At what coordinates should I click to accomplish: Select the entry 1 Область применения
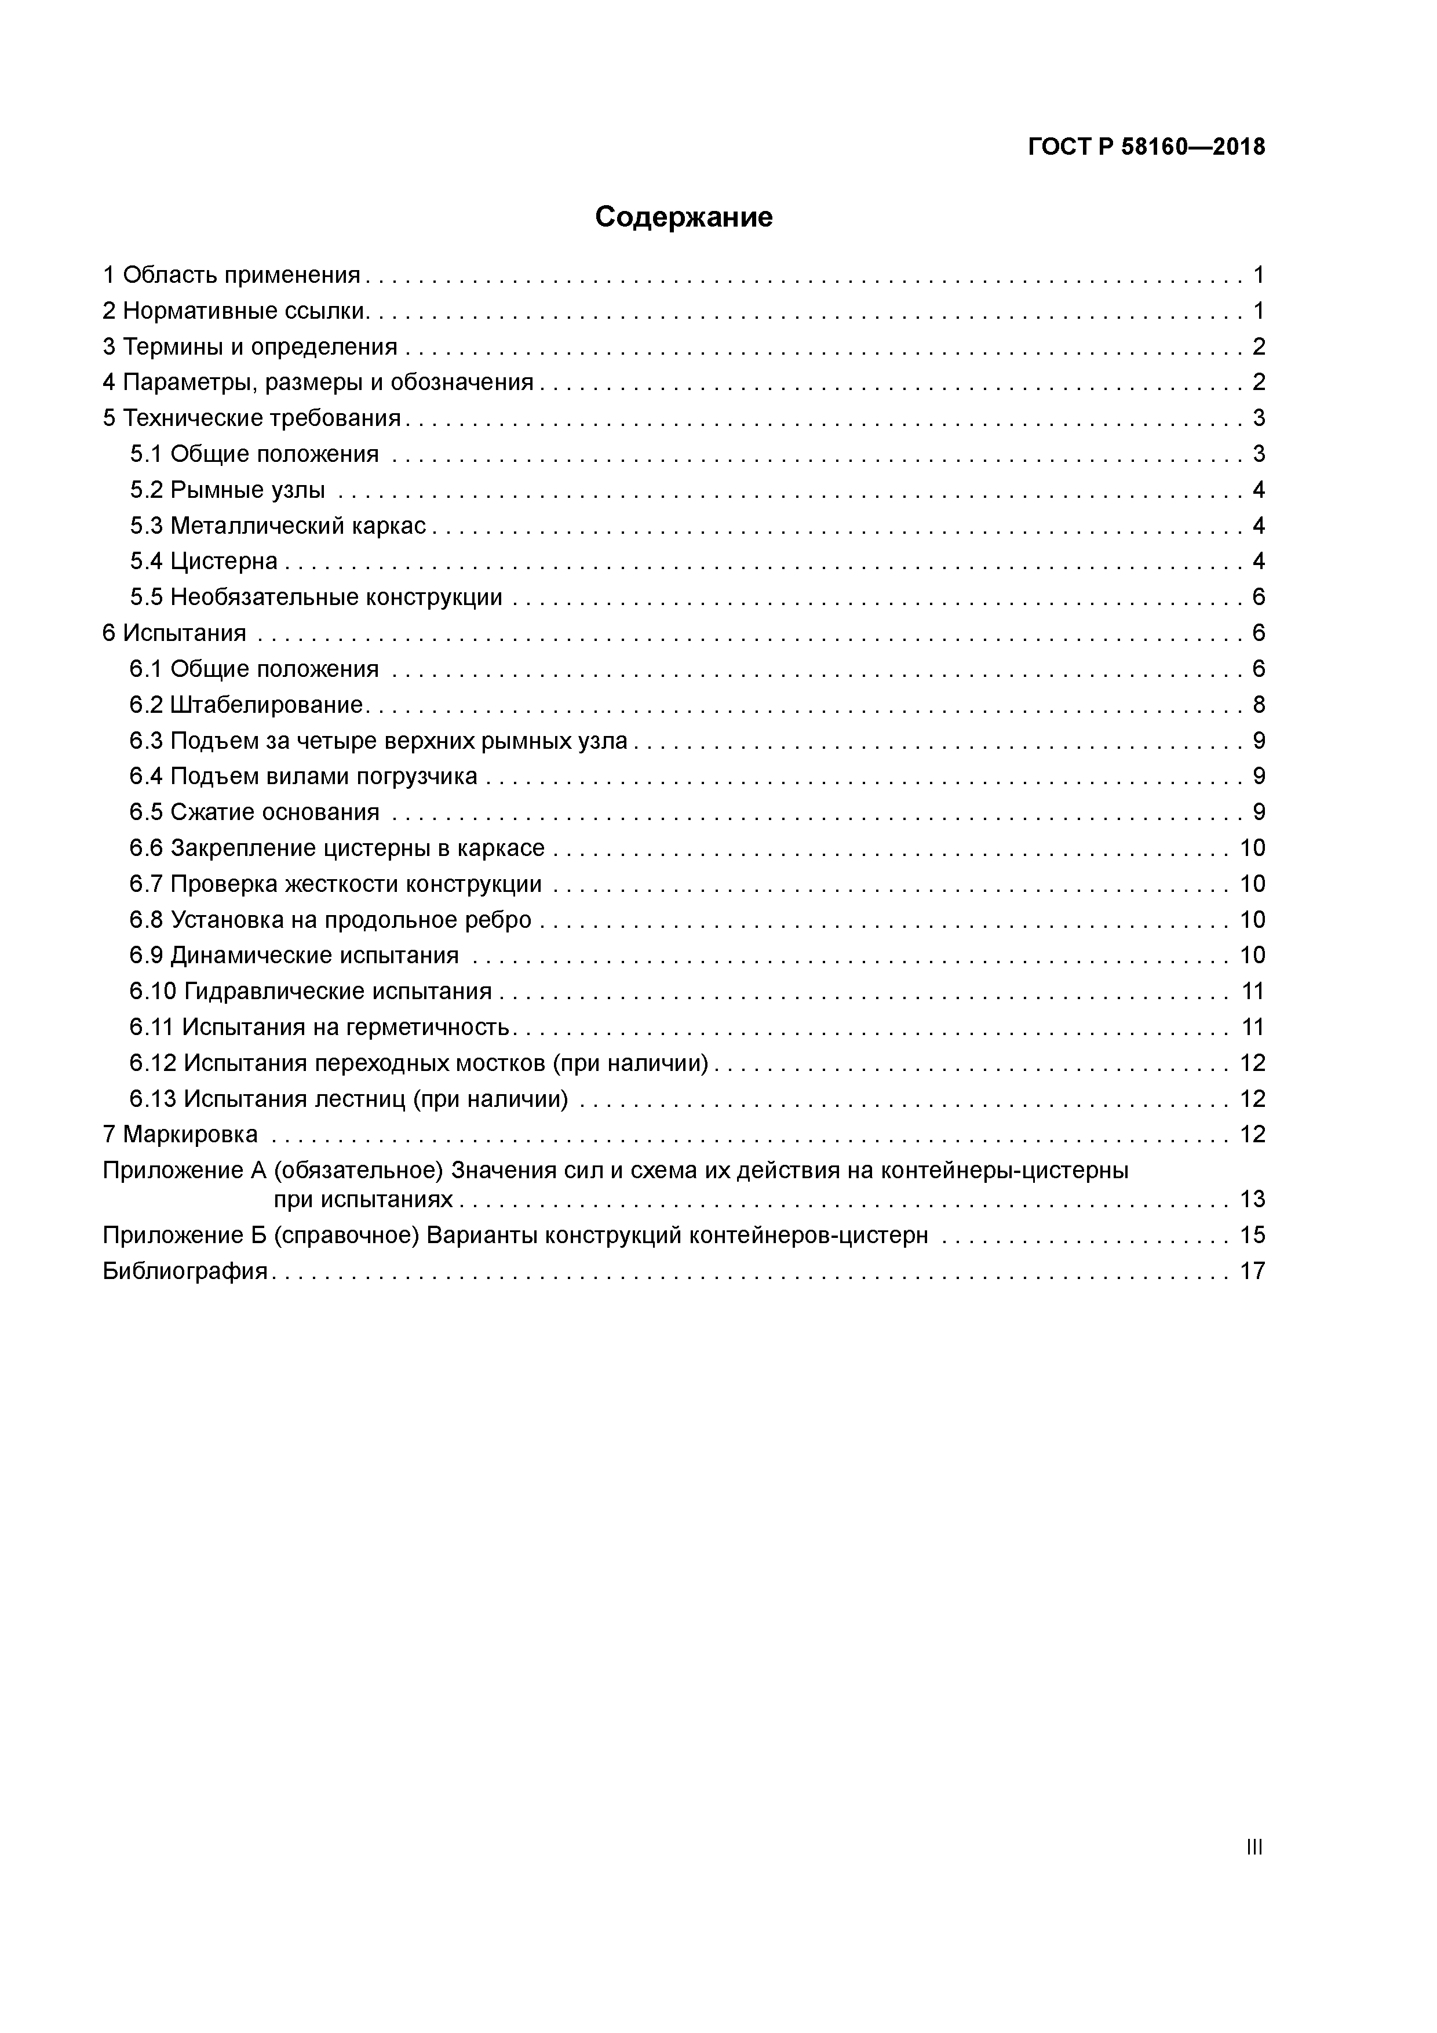coord(232,275)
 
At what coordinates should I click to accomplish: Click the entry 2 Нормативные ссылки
coord(235,311)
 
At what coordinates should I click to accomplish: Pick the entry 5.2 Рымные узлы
coord(228,490)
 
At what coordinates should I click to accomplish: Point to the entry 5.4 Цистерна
coord(203,562)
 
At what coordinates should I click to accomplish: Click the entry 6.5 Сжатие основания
coord(254,812)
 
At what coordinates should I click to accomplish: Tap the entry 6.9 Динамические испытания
coord(294,956)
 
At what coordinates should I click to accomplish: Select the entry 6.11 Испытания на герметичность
coord(320,1027)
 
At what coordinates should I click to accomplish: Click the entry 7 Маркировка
coord(181,1134)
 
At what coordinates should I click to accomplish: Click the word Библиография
coord(185,1271)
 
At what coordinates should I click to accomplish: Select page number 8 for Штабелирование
coord(1258,705)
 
